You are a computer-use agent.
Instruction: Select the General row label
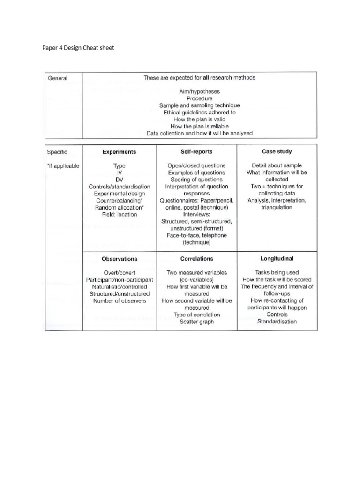coord(58,78)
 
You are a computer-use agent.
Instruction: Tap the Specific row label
coord(57,152)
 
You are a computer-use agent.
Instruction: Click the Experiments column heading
coord(120,152)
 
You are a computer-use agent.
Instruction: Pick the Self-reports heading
coord(196,152)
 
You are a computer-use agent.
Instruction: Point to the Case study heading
coord(277,151)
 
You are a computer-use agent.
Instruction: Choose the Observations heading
coord(120,259)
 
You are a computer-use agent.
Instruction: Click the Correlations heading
coord(196,258)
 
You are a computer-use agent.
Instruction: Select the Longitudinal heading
coord(277,258)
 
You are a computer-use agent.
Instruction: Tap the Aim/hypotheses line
coord(200,92)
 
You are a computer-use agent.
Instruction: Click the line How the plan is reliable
coord(199,126)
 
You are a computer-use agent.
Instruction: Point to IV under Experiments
coord(120,172)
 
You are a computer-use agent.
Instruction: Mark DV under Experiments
coord(120,180)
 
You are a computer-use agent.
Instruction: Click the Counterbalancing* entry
coord(120,200)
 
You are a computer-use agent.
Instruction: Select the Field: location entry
coord(120,214)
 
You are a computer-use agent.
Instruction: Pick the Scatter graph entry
coord(196,322)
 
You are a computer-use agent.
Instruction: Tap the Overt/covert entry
coord(120,272)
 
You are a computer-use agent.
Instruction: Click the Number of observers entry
coord(120,300)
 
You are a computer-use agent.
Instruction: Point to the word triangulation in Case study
coord(277,207)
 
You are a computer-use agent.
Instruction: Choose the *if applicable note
coord(63,165)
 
